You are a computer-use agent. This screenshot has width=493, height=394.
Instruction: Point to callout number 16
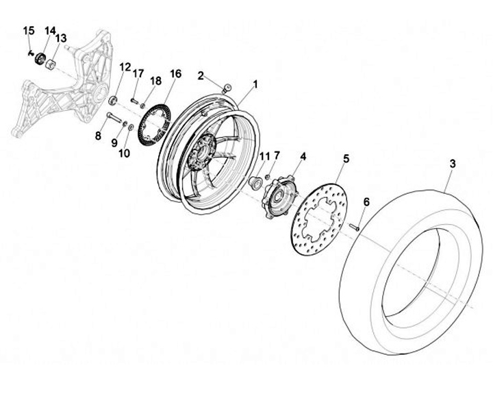[x=175, y=73]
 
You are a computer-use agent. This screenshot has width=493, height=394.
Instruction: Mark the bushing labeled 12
[x=113, y=101]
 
